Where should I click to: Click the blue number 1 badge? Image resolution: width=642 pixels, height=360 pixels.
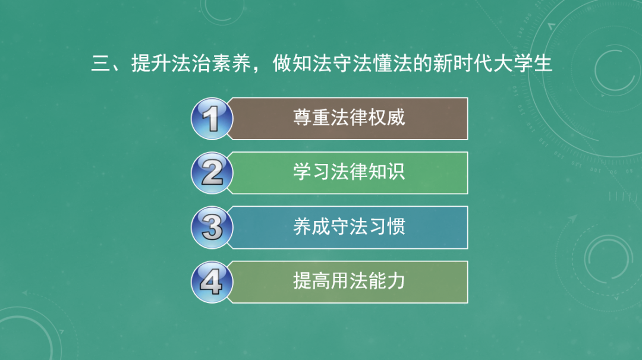point(212,119)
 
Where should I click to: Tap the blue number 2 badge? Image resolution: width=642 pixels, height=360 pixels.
point(212,173)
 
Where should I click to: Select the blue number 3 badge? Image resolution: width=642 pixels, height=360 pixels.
point(212,228)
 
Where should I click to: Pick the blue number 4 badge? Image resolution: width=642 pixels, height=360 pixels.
point(212,282)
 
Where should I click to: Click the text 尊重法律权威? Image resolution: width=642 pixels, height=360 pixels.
point(349,118)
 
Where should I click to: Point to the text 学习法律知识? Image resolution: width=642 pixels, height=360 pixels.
point(349,172)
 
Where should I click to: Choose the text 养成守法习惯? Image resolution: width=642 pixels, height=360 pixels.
point(349,226)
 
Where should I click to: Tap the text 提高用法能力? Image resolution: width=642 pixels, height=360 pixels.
point(349,281)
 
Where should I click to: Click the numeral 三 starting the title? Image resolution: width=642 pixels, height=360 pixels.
point(100,64)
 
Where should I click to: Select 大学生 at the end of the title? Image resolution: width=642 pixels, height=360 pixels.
point(523,64)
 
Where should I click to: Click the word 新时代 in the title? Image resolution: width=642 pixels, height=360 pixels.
point(462,64)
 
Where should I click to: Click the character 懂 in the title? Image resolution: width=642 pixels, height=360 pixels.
point(382,64)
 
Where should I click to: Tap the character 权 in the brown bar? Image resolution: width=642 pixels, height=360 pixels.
point(377,118)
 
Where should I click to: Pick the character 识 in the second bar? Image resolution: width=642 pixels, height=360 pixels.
point(395,172)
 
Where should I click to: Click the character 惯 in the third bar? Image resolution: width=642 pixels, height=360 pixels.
point(395,226)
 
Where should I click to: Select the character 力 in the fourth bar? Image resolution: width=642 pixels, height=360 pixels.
point(395,281)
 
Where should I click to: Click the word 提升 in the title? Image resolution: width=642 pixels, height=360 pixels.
point(150,64)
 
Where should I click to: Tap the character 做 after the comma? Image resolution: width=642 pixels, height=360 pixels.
point(282,64)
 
